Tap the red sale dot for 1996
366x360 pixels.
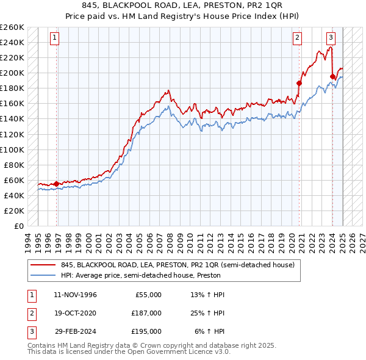57,184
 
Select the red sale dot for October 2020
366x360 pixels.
300,83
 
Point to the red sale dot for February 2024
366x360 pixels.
332,77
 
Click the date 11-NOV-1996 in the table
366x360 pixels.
75,295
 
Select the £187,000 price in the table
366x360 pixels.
146,313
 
